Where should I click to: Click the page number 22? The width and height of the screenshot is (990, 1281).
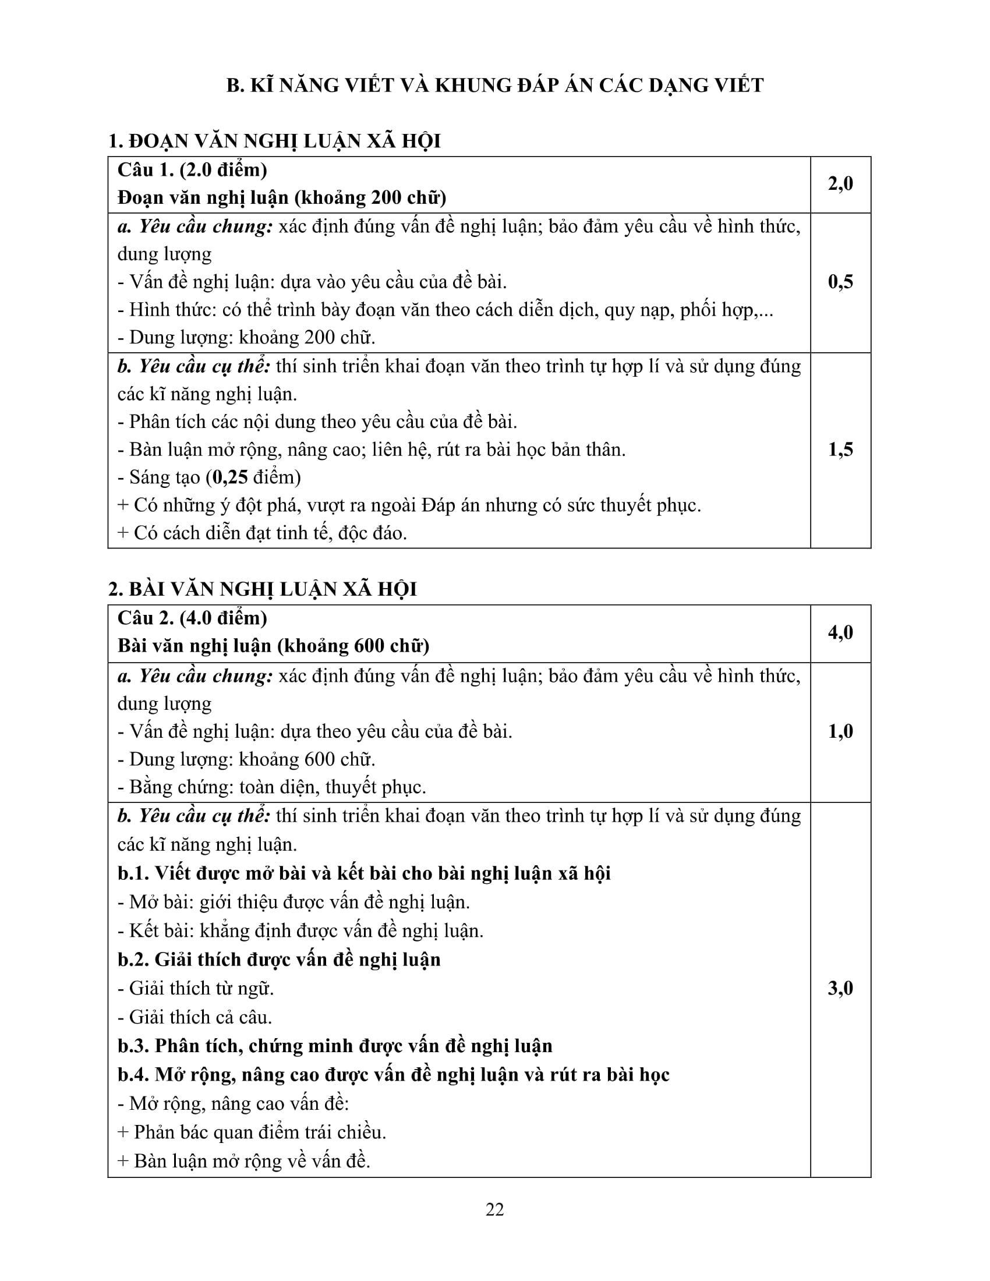494,1209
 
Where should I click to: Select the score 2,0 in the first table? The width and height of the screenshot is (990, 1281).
840,184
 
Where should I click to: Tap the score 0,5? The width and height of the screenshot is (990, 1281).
840,282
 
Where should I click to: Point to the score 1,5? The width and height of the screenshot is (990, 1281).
840,450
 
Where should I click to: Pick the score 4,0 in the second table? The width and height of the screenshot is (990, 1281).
840,633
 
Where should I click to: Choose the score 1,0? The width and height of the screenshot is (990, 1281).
840,731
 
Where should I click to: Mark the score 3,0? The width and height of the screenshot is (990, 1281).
840,989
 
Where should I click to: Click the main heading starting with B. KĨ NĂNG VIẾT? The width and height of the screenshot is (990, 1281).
494,86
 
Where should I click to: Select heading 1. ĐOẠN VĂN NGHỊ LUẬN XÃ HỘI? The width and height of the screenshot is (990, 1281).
274,141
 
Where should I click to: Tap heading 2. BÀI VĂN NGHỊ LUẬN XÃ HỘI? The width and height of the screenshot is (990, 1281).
262,589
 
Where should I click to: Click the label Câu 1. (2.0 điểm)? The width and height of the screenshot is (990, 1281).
192,170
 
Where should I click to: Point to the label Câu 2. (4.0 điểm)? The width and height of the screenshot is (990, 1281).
192,618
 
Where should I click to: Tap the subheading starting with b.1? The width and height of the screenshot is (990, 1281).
363,873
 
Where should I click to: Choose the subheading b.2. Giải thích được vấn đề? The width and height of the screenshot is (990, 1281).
278,960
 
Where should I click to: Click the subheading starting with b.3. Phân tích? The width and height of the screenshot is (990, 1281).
334,1046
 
